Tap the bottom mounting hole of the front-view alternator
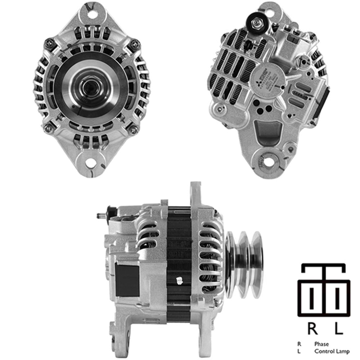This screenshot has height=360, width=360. [x=91, y=163]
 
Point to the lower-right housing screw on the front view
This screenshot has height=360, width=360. [x=133, y=130]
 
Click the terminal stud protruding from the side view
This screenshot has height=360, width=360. [x=101, y=217]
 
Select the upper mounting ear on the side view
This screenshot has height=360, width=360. [x=195, y=193]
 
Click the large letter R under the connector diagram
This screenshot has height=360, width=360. [x=312, y=328]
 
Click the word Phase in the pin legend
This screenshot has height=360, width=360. [x=321, y=344]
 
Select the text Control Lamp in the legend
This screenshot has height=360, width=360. [x=332, y=351]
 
